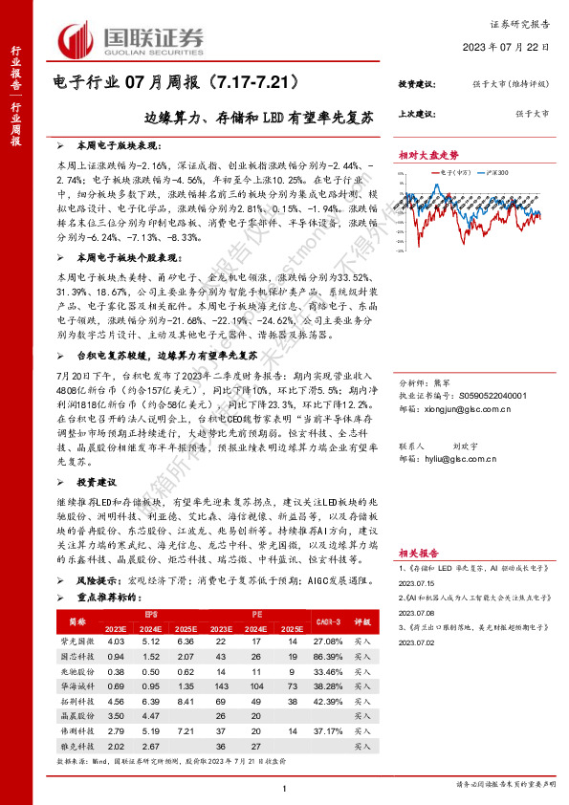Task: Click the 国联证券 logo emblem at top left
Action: tap(76, 39)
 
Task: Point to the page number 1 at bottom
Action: tap(285, 788)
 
